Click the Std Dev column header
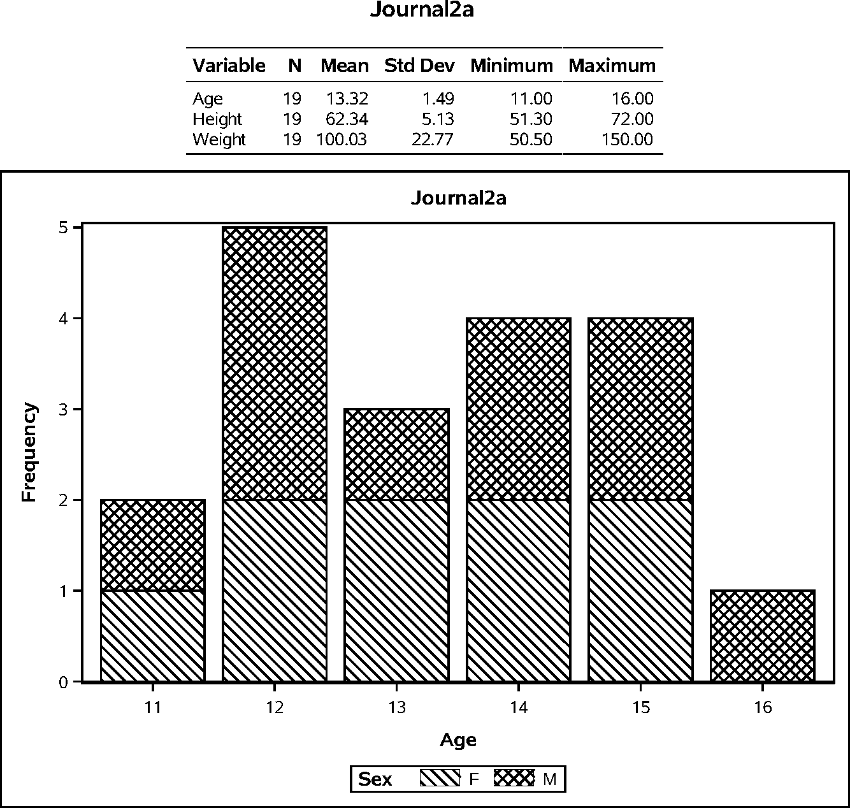coord(419,66)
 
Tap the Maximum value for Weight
coord(627,140)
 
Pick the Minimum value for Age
coord(531,99)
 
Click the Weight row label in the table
coord(219,140)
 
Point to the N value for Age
coord(292,99)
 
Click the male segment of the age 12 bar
coord(275,363)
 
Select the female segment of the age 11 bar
coord(152,636)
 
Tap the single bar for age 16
coord(762,636)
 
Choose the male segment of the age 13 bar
coord(396,454)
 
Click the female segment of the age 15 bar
coord(640,590)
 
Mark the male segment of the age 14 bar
coord(519,408)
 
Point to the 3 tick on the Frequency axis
coord(62,409)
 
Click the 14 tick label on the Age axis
coord(519,708)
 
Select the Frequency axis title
coord(29,452)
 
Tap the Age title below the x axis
coord(457,740)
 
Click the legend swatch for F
coord(440,779)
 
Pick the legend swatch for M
coord(514,779)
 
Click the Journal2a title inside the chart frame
coord(458,198)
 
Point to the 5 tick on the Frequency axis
coord(62,227)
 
